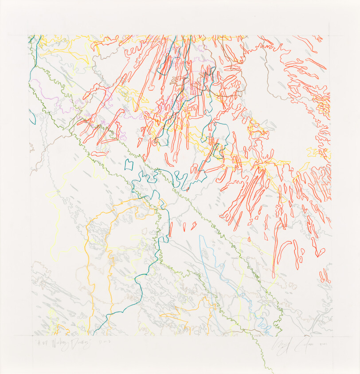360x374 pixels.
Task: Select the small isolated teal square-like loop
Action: [x=129, y=165]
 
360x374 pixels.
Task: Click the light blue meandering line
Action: [x=208, y=266]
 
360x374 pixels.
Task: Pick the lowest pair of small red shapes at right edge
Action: [x=325, y=276]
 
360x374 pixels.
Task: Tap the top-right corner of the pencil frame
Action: [x=330, y=36]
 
